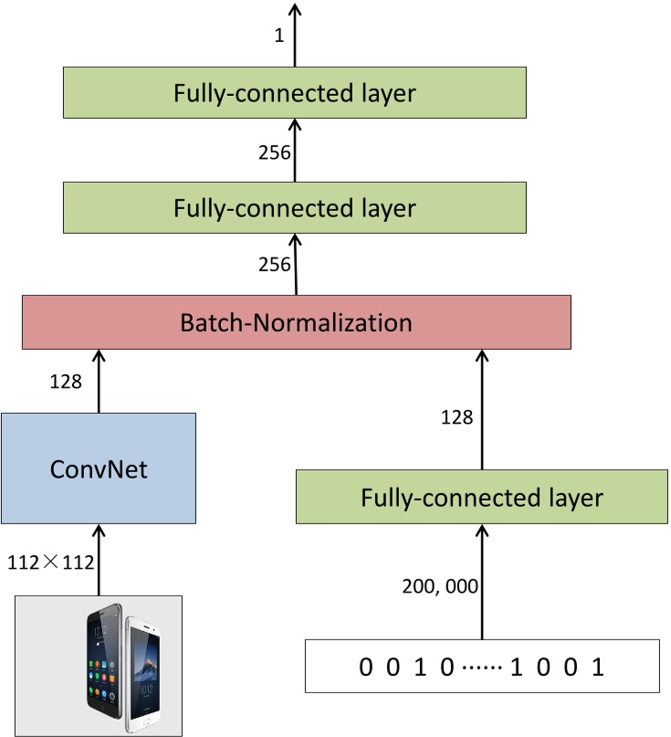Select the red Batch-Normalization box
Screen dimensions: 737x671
(296, 322)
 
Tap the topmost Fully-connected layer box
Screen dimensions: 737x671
(295, 93)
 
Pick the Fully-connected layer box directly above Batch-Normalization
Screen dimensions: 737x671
(295, 207)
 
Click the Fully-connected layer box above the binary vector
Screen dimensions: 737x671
(482, 498)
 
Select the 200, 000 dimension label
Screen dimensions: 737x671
(441, 587)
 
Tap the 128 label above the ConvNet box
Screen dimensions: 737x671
(66, 380)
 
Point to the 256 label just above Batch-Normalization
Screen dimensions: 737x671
(274, 266)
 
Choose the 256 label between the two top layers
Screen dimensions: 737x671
(274, 152)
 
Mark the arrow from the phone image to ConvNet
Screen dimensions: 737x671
(99, 563)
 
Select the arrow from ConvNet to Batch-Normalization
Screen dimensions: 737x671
(99, 380)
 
